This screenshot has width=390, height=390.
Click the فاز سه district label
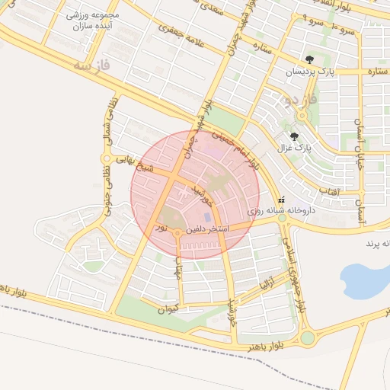tap(92, 67)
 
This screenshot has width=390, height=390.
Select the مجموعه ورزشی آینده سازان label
tap(85, 21)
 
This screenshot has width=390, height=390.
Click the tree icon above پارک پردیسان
tap(308, 59)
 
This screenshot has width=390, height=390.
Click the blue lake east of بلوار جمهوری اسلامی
tap(363, 281)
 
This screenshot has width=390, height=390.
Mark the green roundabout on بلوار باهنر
tap(307, 337)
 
